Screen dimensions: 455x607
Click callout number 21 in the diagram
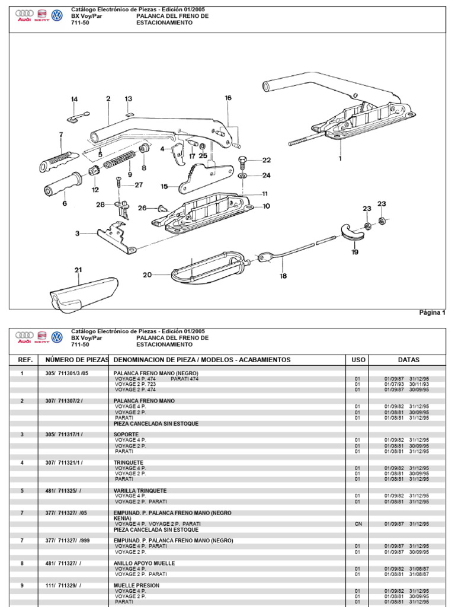(78, 270)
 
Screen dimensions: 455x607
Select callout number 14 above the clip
(74, 99)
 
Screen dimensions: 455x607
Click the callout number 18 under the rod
(283, 276)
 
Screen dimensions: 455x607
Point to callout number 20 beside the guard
(147, 274)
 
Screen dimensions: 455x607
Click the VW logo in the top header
(57, 15)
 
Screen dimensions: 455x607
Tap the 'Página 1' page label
(432, 313)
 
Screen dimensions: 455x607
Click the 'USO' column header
(358, 360)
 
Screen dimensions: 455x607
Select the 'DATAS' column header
(409, 360)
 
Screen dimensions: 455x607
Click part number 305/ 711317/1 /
(64, 435)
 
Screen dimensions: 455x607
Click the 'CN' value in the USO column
(358, 524)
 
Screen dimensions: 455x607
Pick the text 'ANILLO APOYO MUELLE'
(145, 563)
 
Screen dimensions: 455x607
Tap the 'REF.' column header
(25, 360)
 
